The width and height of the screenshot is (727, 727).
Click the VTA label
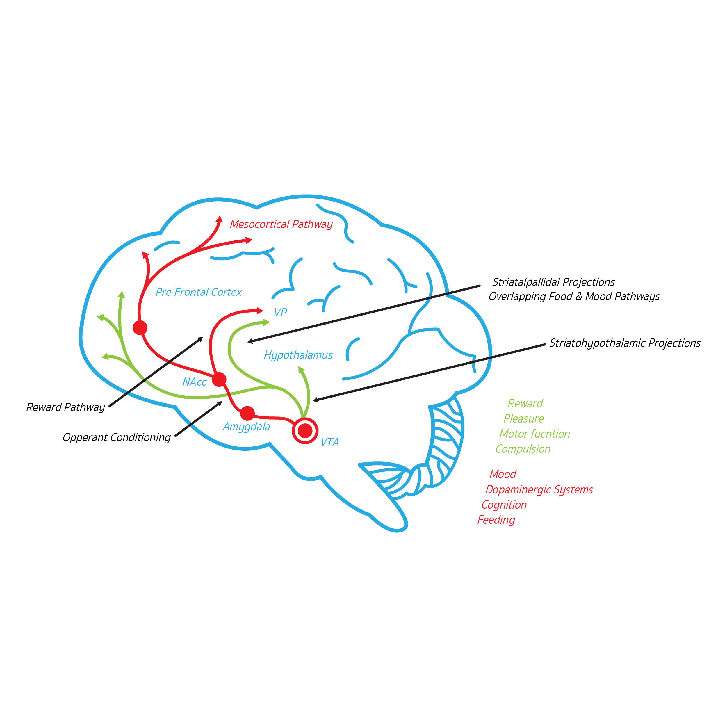(330, 442)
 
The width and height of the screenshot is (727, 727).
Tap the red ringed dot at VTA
(305, 430)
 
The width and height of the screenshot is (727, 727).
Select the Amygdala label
(247, 427)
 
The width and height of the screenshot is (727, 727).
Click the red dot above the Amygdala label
(247, 413)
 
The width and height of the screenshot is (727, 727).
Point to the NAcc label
(195, 382)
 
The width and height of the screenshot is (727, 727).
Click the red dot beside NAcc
(219, 379)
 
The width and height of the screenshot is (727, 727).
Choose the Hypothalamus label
(298, 355)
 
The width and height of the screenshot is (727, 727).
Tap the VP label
(280, 312)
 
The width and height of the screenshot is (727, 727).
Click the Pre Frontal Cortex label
(199, 292)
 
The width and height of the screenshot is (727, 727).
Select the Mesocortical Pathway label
(281, 224)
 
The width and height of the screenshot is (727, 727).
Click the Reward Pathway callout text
(65, 407)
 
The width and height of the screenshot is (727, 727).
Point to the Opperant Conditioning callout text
(117, 437)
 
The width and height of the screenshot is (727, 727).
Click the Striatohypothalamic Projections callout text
(625, 343)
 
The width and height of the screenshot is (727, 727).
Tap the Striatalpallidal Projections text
(553, 282)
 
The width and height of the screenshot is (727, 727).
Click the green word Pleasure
(523, 419)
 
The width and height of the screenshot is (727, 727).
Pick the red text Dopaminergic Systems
(539, 490)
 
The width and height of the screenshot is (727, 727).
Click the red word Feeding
(496, 520)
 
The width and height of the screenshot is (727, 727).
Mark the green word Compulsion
(523, 449)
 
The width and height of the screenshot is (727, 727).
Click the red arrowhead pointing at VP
(260, 311)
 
